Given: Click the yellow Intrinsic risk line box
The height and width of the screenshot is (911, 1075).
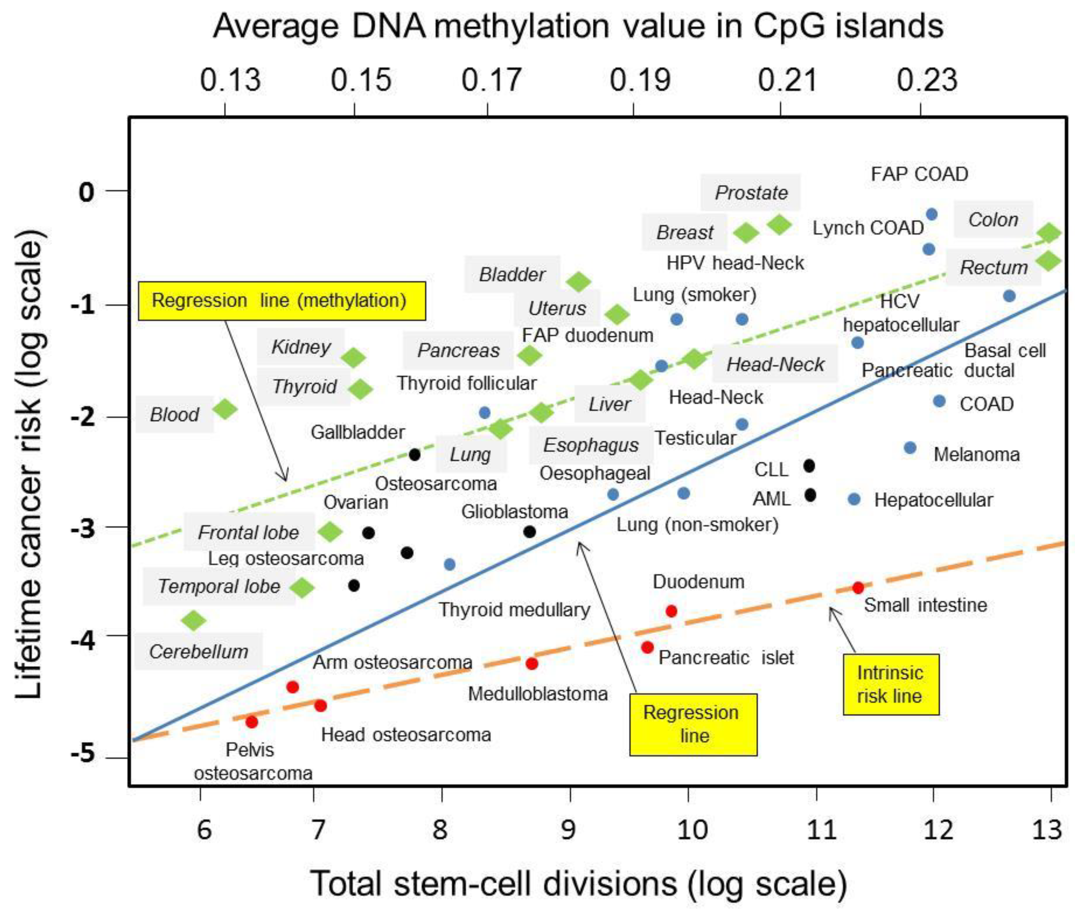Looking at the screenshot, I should click(x=891, y=684).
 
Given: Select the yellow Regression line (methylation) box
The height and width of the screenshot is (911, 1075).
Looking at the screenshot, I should click(x=281, y=301).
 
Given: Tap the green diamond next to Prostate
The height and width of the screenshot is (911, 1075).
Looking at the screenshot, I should click(x=779, y=224).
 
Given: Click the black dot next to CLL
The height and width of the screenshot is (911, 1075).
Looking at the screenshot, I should click(x=809, y=466).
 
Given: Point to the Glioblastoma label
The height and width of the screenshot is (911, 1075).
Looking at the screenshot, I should click(x=514, y=512).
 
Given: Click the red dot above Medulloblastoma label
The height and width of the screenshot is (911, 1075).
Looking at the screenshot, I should click(x=532, y=664).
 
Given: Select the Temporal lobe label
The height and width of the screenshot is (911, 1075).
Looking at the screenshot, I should click(x=219, y=586).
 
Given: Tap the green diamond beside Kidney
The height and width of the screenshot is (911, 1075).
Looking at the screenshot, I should click(x=354, y=357).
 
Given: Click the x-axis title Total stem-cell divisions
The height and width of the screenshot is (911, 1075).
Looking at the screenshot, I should click(x=579, y=883).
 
